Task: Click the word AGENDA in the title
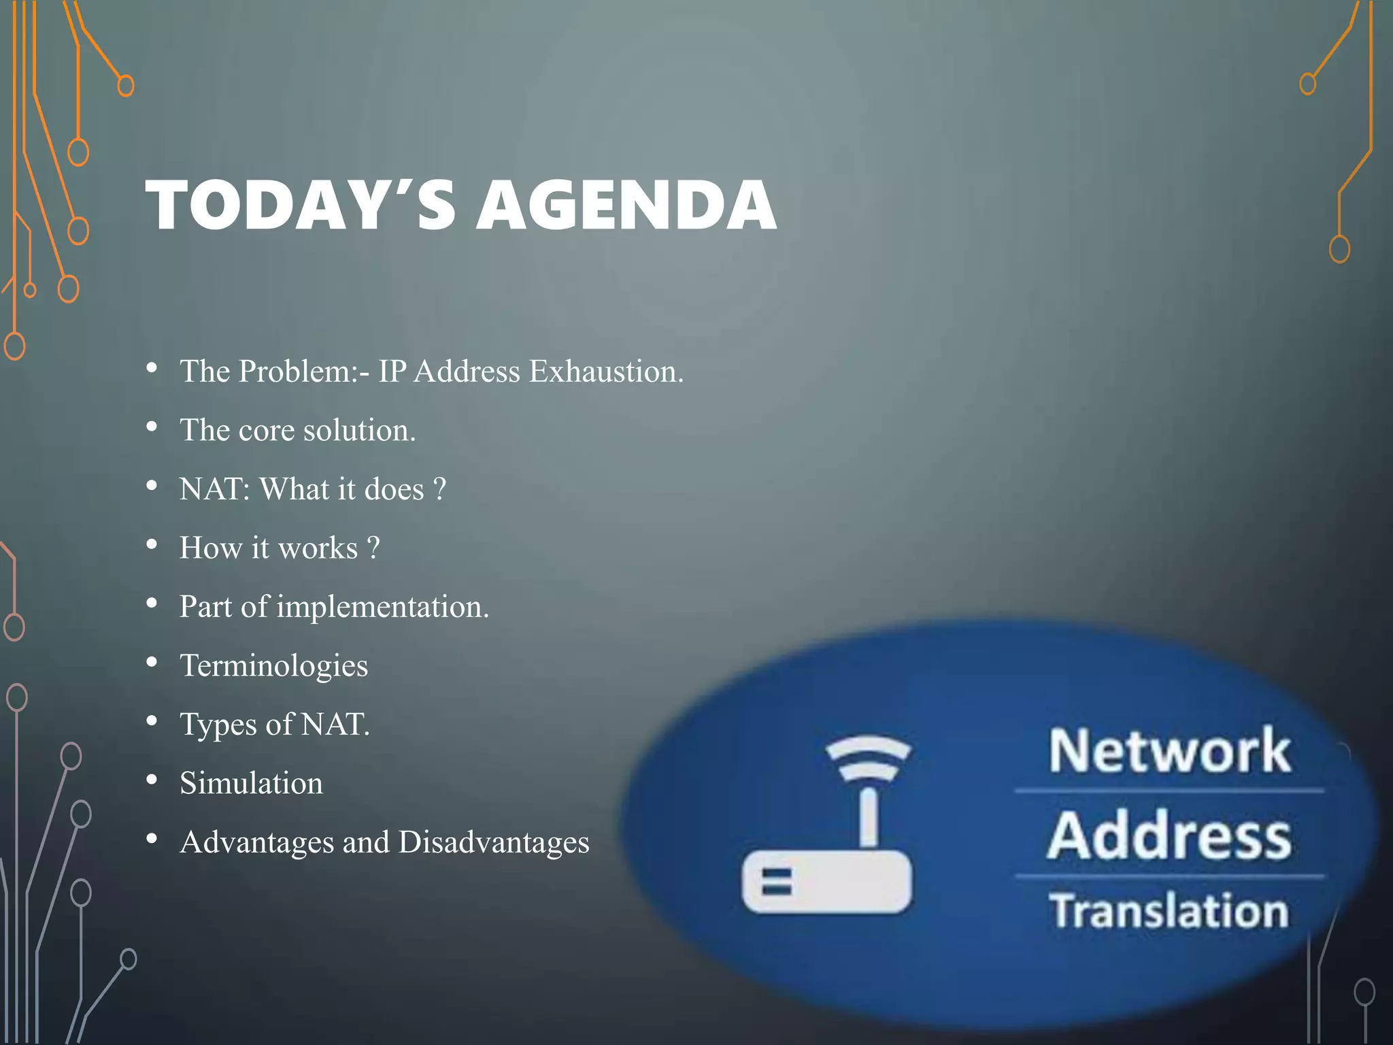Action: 626,205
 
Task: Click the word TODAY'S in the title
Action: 300,205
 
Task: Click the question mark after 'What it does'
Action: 439,489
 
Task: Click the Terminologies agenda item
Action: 273,666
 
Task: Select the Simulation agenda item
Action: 251,784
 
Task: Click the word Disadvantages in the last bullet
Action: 494,842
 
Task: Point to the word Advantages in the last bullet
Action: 256,842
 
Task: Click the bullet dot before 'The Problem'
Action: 152,369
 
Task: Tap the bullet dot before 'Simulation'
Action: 152,780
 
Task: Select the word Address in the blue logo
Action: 1169,836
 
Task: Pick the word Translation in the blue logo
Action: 1169,912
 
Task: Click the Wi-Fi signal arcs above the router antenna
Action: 867,758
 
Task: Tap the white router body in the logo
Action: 826,882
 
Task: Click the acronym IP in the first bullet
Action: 392,371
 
